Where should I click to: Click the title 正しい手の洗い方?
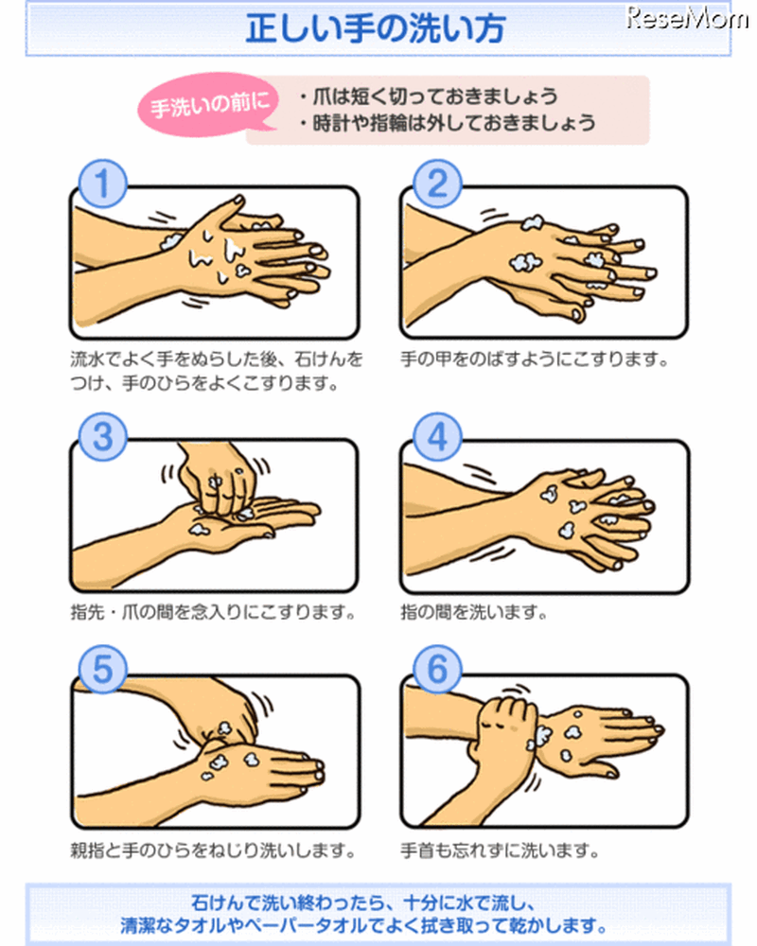[x=375, y=28]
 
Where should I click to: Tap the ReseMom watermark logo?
[x=688, y=17]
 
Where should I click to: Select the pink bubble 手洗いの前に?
[x=209, y=105]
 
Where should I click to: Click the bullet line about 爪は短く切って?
[x=428, y=96]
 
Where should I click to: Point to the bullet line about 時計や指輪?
[x=447, y=123]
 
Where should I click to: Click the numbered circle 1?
[x=102, y=184]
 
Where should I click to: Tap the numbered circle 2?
[x=437, y=184]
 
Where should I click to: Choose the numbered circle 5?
[x=102, y=670]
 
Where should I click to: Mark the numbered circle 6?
[x=437, y=670]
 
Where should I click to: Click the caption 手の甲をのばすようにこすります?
[x=535, y=359]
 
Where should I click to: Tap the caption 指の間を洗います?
[x=474, y=613]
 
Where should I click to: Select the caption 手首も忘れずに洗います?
[x=500, y=850]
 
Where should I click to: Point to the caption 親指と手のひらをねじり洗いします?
[x=213, y=850]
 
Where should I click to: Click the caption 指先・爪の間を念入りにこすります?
[x=213, y=613]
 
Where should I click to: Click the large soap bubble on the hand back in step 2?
[x=524, y=262]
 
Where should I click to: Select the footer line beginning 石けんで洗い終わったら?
[x=362, y=902]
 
